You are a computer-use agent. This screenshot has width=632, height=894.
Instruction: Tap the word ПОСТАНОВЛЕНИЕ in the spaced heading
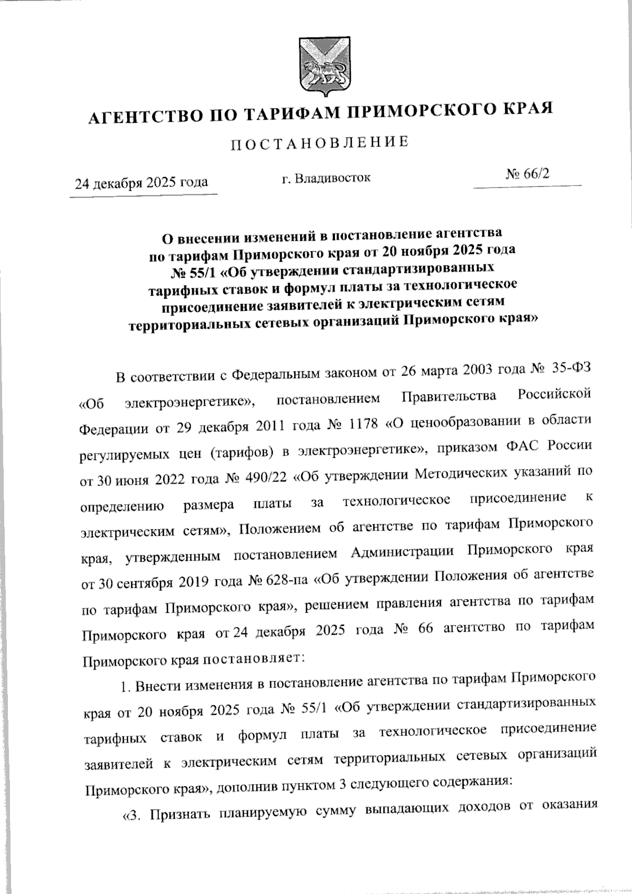click(320, 143)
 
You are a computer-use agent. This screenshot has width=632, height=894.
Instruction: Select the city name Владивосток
click(332, 178)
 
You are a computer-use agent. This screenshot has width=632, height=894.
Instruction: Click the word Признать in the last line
click(179, 815)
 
